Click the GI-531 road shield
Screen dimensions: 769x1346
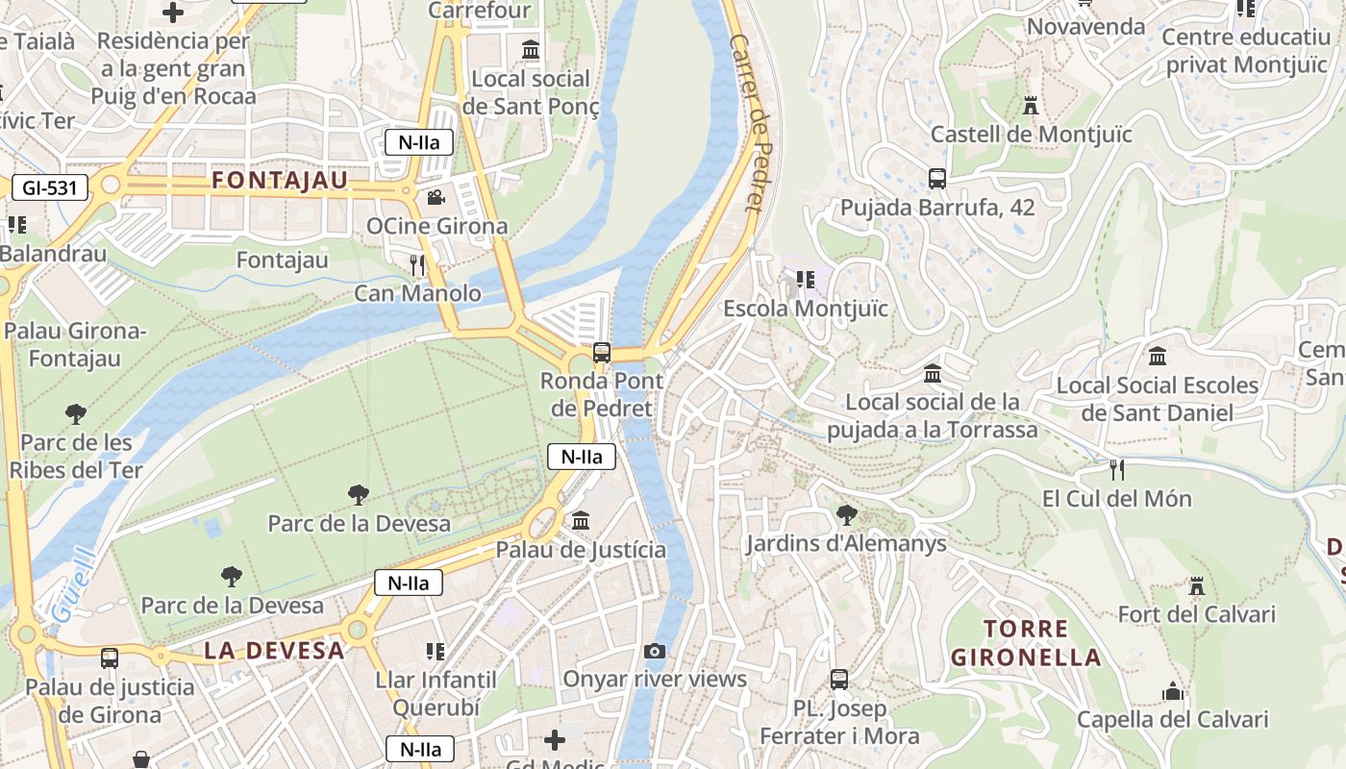[x=50, y=187]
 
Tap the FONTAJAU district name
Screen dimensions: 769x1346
[x=280, y=181]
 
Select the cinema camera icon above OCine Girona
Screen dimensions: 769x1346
[x=436, y=198]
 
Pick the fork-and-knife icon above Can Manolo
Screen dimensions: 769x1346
[x=416, y=264]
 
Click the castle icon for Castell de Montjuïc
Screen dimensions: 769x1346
[x=1031, y=105]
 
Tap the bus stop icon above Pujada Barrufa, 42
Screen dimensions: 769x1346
[x=937, y=179]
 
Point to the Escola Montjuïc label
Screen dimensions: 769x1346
[x=806, y=309]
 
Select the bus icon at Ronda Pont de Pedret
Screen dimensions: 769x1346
[x=602, y=352]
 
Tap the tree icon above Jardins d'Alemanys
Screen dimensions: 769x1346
[x=847, y=515]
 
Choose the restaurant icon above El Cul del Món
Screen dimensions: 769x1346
[x=1116, y=470]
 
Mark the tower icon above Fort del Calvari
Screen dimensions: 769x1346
[x=1196, y=585]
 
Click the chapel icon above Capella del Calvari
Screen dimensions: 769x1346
[x=1172, y=691]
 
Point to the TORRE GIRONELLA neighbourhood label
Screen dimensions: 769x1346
[x=1025, y=643]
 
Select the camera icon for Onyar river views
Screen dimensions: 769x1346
[x=655, y=651]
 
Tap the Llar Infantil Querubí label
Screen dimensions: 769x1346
[x=436, y=693]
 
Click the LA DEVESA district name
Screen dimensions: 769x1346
[x=274, y=650]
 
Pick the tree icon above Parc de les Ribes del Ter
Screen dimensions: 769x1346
[x=76, y=414]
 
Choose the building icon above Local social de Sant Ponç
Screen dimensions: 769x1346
[x=531, y=49]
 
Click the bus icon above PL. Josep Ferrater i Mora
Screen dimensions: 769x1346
[x=839, y=680]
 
